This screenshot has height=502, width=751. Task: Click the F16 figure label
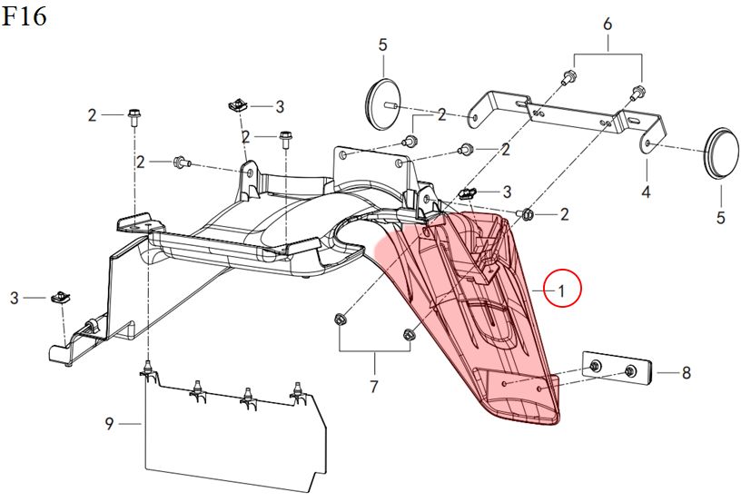(24, 16)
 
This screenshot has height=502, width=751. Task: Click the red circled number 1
(561, 290)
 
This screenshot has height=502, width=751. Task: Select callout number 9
(109, 424)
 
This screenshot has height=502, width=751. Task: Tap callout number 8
(686, 371)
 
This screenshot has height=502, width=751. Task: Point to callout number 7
(373, 387)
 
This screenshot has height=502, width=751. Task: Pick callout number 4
(646, 192)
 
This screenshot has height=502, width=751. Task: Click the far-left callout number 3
(15, 297)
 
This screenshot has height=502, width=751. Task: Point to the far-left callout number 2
(92, 115)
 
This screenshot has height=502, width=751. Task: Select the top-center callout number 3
(280, 106)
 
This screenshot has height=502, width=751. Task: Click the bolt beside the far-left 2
(133, 116)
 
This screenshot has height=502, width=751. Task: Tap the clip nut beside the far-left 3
(62, 296)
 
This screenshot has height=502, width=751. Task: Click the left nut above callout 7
(340, 319)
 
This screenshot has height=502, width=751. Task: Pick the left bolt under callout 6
(567, 78)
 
